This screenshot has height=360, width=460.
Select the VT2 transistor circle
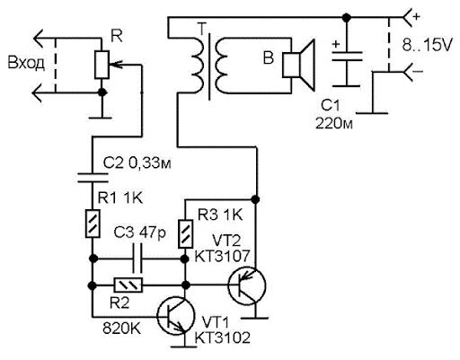(246, 285)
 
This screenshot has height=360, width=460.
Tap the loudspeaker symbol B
(298, 65)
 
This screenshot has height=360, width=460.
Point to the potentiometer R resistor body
(102, 65)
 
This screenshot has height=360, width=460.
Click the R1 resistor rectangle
(93, 224)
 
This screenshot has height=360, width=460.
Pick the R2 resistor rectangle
(128, 285)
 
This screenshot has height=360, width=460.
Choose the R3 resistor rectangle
(186, 234)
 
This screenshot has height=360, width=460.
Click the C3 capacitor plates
(137, 259)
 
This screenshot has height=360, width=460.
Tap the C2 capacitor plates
(93, 178)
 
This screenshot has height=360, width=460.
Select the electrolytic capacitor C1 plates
(347, 57)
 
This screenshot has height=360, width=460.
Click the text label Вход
(26, 64)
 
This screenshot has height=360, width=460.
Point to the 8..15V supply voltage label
(426, 46)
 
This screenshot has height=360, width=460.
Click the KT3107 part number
(222, 256)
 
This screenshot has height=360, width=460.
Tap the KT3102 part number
(222, 338)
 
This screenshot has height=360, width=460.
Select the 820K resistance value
(121, 329)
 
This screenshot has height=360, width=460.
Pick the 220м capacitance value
(334, 123)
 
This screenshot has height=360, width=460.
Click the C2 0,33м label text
(137, 163)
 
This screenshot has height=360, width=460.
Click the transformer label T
(202, 29)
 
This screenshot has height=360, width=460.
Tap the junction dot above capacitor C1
(347, 18)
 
